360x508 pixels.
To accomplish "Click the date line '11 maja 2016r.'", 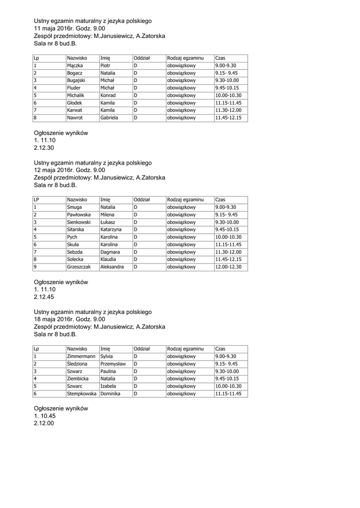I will (x=70, y=29).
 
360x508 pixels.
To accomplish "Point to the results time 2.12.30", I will (x=44, y=148).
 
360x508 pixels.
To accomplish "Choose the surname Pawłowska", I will (x=78, y=215).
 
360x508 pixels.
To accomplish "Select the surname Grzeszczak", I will (x=79, y=267).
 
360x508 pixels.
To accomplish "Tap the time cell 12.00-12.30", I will (x=228, y=267).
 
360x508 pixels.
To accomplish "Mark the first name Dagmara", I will (x=110, y=252).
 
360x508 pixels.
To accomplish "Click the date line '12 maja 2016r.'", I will (x=70, y=170).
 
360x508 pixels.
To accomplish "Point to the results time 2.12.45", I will (x=44, y=297).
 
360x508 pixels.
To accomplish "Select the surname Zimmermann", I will (x=81, y=356).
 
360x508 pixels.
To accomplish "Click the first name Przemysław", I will (x=113, y=364).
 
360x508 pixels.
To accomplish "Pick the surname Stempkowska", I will (x=82, y=394).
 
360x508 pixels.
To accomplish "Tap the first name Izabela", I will (x=108, y=386).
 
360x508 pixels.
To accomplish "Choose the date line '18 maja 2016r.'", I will (x=70, y=319).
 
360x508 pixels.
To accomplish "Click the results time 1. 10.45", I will (x=45, y=416).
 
